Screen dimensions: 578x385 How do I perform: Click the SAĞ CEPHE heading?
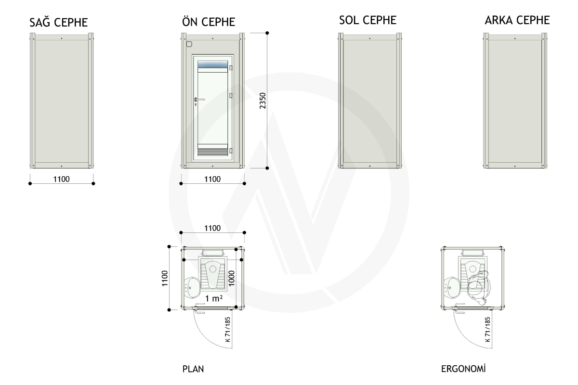pos(59,22)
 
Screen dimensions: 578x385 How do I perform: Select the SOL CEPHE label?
pos(368,20)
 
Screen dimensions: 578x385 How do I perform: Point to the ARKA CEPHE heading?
pos(517,20)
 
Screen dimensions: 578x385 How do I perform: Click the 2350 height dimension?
pos(263,101)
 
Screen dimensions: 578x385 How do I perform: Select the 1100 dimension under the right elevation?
pos(62,179)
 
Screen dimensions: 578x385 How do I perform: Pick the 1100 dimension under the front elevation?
pos(212,179)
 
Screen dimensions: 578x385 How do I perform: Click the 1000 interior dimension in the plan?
pos(232,278)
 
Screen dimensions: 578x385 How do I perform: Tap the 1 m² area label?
pos(214,298)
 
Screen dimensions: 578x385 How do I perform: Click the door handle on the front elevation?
pos(199,100)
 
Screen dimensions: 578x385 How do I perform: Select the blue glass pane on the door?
pos(212,64)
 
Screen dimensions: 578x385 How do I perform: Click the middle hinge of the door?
pos(231,95)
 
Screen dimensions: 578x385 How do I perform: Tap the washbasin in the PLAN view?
pos(192,288)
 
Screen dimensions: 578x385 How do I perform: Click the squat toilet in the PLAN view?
pos(213,274)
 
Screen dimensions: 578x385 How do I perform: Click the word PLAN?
pos(193,369)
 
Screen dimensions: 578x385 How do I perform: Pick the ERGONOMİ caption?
pos(463,369)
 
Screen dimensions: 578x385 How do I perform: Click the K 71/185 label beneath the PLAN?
pos(227,329)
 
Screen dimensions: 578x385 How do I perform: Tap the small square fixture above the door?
pos(189,44)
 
